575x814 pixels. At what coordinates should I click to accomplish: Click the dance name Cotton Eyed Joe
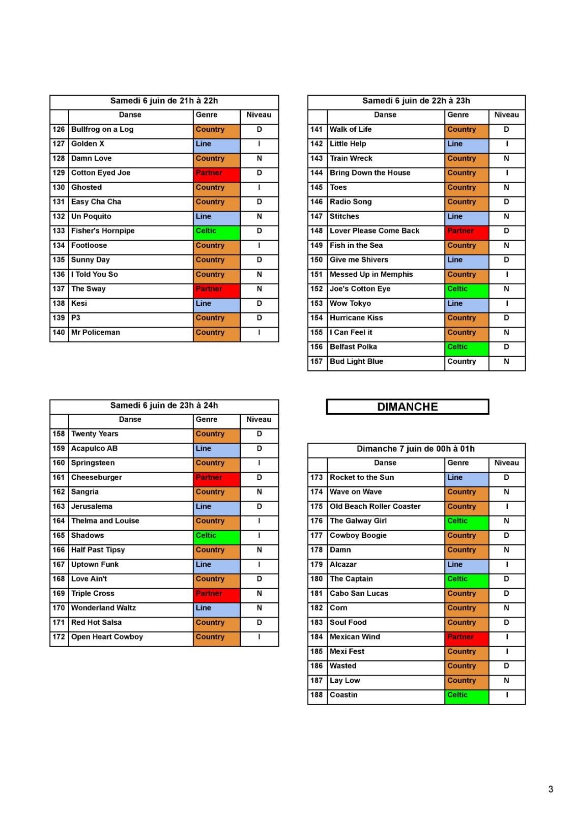point(101,173)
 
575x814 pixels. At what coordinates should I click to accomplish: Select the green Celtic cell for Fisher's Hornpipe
point(216,231)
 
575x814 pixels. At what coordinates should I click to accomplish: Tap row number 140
point(59,333)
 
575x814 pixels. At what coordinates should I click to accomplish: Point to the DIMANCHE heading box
point(407,407)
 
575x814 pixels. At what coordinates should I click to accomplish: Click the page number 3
point(551,789)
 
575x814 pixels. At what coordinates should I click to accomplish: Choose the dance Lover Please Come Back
point(375,231)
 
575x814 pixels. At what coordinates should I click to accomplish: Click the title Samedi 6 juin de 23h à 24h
point(164,405)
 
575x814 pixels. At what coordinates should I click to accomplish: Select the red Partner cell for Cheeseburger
point(216,478)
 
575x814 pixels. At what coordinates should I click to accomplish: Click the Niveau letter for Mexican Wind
point(507,637)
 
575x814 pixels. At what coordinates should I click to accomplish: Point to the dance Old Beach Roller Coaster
point(375,507)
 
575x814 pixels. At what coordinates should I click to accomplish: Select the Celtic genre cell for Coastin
point(466,695)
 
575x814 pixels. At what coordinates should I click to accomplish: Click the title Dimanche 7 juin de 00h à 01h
point(416,449)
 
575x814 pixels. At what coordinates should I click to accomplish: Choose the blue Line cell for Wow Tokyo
point(466,304)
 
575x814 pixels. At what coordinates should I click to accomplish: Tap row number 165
point(59,536)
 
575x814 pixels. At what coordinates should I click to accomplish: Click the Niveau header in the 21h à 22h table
point(259,115)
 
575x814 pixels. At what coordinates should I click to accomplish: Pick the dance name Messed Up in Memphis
point(371,275)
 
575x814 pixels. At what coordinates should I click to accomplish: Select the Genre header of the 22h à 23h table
point(458,115)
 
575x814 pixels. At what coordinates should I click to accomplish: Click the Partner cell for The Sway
point(216,289)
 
